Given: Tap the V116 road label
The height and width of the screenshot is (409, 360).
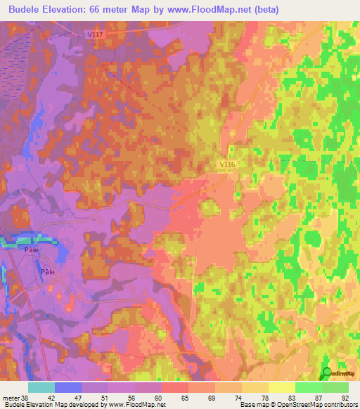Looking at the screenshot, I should pos(226,164).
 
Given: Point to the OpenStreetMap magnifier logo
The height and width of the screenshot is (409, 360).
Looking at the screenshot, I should pos(328,373).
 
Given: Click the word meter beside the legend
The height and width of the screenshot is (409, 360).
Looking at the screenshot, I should pos(11,397).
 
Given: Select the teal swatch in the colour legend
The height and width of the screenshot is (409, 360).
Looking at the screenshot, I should pos(41,387).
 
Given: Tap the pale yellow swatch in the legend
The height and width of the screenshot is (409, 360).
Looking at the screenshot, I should pos(281,387).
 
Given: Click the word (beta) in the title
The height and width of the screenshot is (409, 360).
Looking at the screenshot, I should pos(266,10).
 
